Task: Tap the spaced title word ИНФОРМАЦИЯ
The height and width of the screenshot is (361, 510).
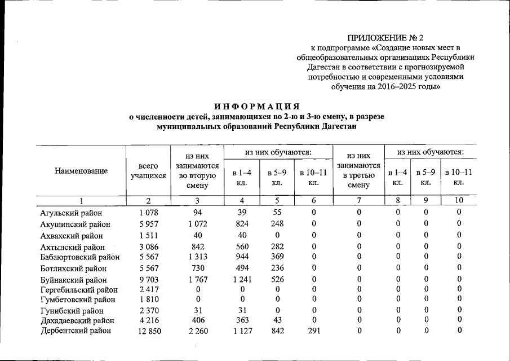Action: (256, 106)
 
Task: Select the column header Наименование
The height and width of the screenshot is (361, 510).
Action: (81, 170)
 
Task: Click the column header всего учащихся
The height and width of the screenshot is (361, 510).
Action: (148, 171)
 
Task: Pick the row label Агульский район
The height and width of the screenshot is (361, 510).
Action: (72, 213)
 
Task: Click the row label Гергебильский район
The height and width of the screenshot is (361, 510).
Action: (79, 290)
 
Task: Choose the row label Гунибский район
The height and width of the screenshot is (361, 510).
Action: (72, 310)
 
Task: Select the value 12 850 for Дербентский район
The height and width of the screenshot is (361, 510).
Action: (148, 331)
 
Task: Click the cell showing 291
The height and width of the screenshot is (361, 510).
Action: (314, 331)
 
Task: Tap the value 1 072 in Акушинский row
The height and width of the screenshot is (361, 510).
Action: (197, 224)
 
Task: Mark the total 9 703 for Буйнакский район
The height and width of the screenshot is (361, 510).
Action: (148, 280)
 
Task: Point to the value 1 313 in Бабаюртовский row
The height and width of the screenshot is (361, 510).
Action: (197, 257)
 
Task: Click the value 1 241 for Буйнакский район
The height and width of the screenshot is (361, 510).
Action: (242, 280)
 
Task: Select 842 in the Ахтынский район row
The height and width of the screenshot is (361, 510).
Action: (197, 246)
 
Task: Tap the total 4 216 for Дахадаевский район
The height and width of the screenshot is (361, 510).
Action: (148, 320)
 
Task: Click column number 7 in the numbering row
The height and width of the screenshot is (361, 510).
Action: (359, 200)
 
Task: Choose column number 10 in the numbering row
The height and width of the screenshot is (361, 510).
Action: (459, 200)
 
